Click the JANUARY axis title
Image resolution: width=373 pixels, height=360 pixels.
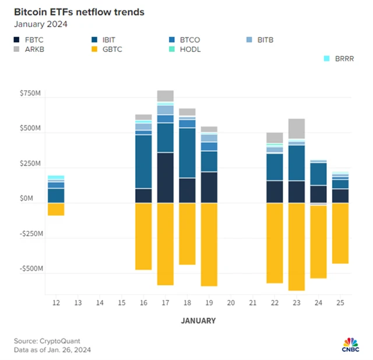coord(198,320)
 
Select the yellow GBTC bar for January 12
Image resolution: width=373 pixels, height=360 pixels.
coord(56,209)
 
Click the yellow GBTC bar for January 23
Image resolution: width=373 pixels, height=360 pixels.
coord(296,247)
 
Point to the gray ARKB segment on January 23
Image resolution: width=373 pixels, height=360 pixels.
coord(296,128)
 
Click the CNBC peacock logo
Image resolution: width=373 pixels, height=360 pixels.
coord(349,342)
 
